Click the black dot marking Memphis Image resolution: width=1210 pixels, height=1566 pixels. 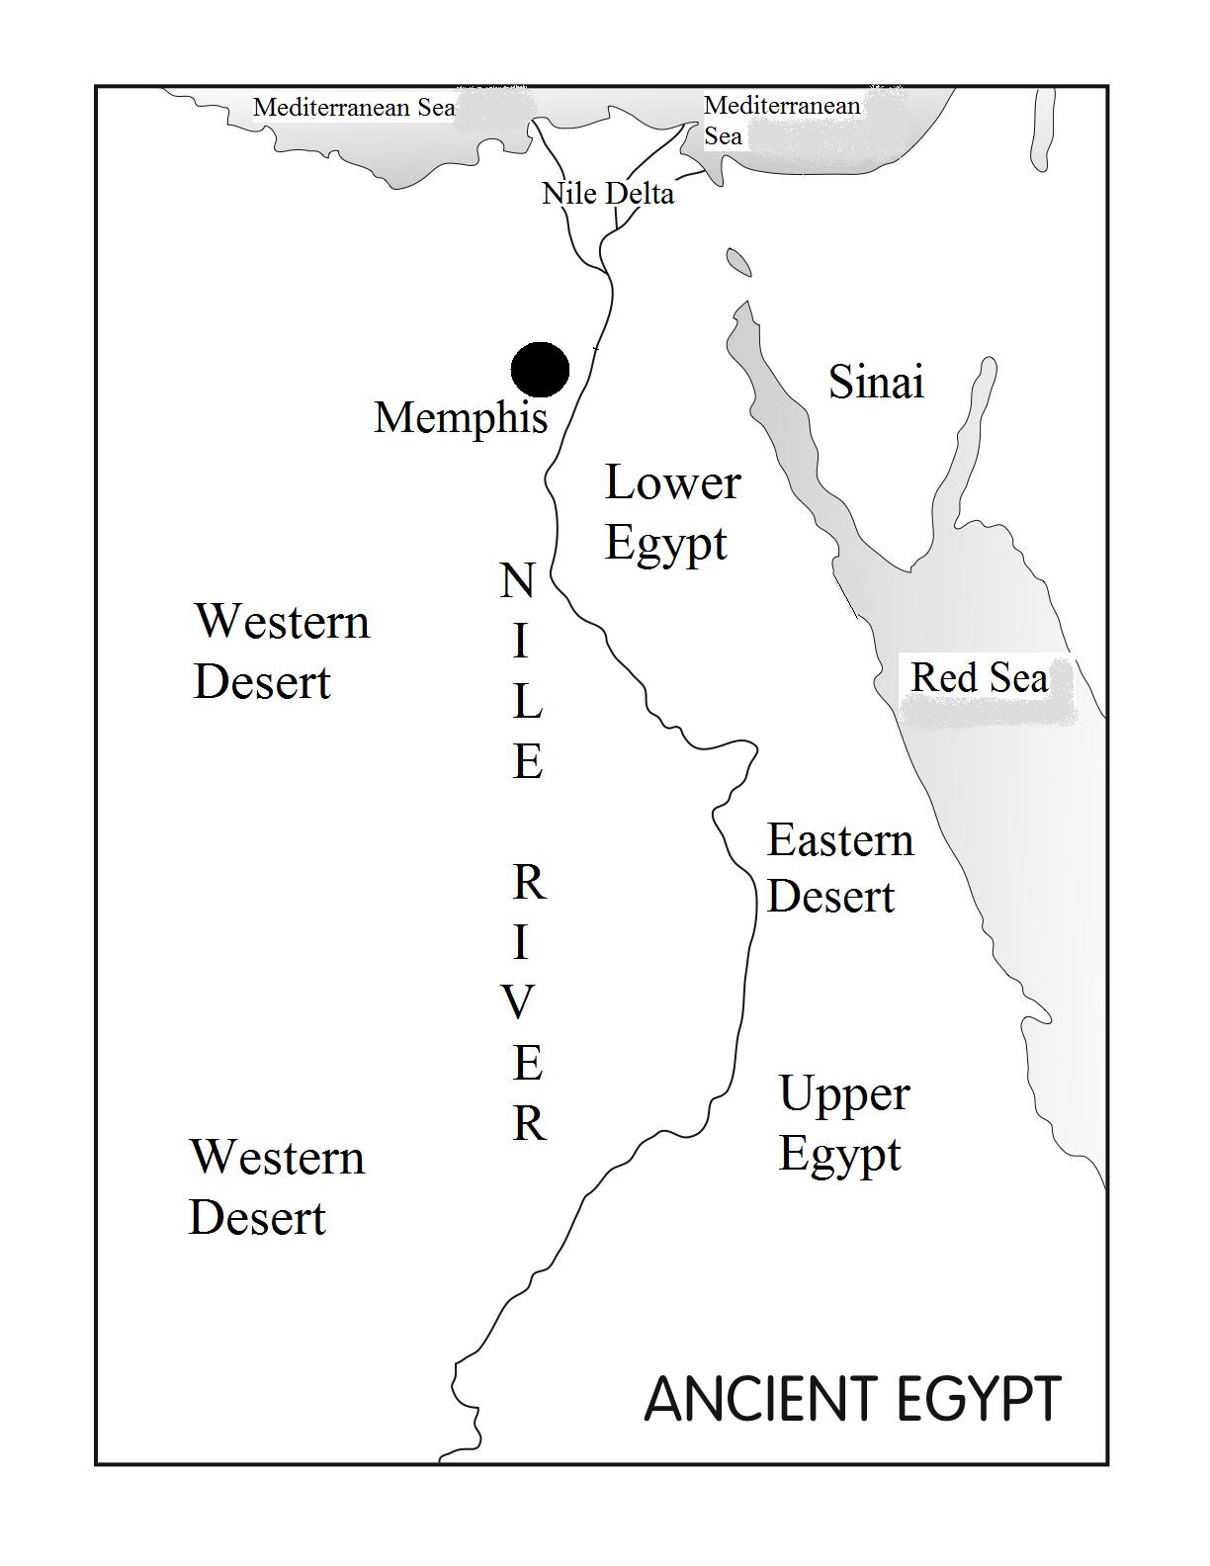[540, 370]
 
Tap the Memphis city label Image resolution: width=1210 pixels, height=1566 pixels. [461, 417]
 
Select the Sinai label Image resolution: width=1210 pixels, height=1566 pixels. [876, 382]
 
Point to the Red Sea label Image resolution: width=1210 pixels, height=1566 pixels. [979, 678]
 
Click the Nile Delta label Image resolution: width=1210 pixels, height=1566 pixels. [608, 193]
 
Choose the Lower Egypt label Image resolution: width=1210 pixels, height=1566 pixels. [671, 512]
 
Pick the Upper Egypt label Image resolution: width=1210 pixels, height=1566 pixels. [842, 1123]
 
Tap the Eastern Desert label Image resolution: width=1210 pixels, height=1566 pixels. [839, 868]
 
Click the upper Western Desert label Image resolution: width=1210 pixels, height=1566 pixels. [281, 651]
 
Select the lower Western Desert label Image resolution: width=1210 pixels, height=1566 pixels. [276, 1186]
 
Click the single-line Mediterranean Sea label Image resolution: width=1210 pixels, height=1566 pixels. [354, 107]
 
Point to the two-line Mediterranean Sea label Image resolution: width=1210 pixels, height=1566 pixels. [780, 120]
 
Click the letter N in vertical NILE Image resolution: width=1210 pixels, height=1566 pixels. [518, 581]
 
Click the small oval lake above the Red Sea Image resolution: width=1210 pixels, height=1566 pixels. [738, 262]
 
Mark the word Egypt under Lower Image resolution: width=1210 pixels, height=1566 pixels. [665, 544]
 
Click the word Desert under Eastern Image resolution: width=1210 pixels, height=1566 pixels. [830, 897]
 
